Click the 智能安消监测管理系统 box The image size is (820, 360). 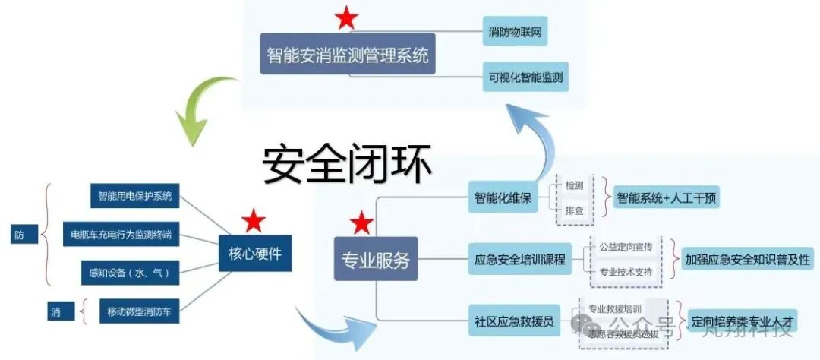[x=348, y=54]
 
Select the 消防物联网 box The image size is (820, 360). [x=516, y=33]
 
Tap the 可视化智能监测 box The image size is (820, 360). [x=526, y=77]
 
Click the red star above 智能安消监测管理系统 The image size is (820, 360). [x=347, y=17]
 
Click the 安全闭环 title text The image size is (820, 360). [x=348, y=163]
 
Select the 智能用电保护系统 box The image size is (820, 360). [x=135, y=197]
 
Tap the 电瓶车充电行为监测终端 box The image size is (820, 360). [x=121, y=235]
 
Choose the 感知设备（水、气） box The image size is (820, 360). [x=130, y=272]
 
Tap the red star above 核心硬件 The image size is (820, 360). [x=253, y=221]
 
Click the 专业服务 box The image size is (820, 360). [x=375, y=261]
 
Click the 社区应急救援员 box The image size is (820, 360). [x=514, y=319]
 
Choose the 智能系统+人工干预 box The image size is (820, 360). [x=665, y=199]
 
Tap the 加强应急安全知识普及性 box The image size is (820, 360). [x=747, y=259]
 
